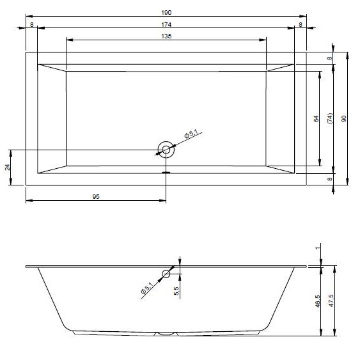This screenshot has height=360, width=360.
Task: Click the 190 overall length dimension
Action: [166, 13]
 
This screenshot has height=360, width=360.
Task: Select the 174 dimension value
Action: [166, 24]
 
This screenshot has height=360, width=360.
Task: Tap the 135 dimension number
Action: [166, 36]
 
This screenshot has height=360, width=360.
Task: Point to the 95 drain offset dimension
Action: [96, 197]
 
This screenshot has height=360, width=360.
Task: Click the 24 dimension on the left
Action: [8, 167]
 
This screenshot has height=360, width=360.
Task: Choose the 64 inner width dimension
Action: [316, 119]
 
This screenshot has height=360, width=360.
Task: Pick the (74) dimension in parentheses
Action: [330, 118]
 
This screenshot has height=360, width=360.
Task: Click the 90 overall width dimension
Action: [344, 119]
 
